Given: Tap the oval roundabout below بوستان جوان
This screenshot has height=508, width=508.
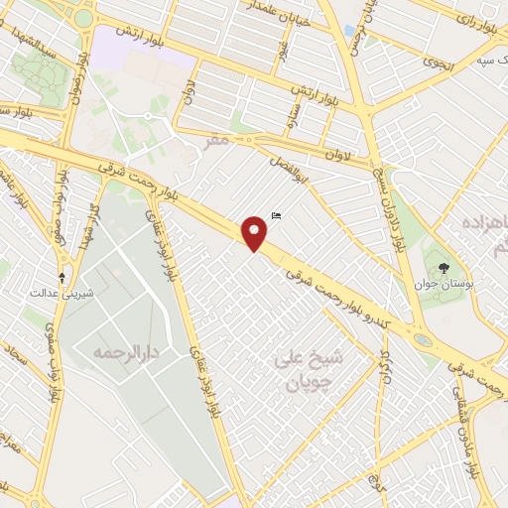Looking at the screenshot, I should [424, 340].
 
